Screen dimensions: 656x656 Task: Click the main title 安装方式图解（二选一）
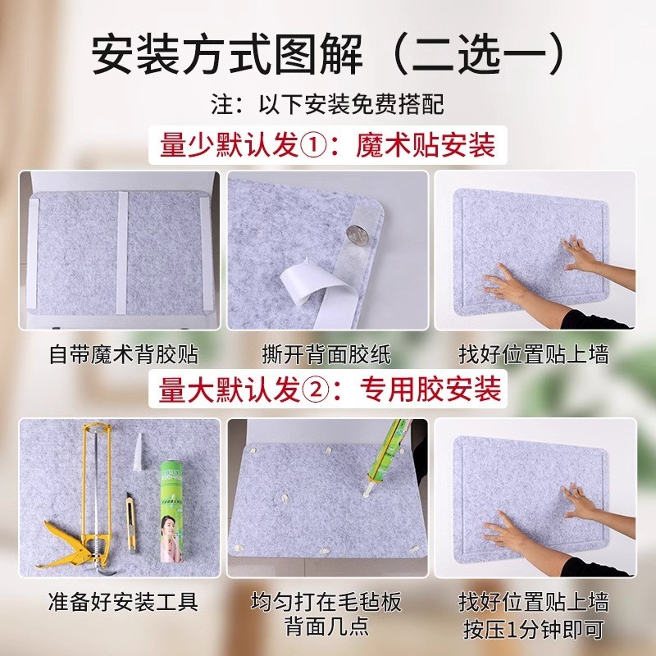328,53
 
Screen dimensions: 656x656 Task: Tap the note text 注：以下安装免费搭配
327,105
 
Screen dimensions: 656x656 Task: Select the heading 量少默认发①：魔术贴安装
327,147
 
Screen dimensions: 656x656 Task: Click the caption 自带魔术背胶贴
121,354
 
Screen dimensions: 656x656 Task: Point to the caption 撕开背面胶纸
327,354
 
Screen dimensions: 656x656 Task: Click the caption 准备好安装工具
121,603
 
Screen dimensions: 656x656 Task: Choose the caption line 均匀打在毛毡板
327,603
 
